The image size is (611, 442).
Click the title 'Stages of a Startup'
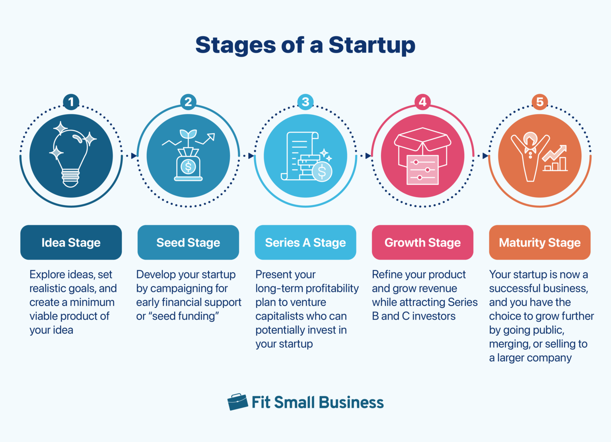(305, 45)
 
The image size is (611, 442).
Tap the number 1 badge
(71, 102)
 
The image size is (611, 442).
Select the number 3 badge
(305, 102)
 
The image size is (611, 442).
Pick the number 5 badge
(540, 102)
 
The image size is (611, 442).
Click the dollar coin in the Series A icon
(322, 172)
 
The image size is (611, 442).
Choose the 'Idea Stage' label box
(71, 243)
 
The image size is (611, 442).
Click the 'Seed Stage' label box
(188, 243)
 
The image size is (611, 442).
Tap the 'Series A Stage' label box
(305, 243)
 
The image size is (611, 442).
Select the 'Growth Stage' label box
(422, 243)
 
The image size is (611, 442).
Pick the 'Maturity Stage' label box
(540, 243)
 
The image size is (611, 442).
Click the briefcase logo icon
(237, 402)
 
